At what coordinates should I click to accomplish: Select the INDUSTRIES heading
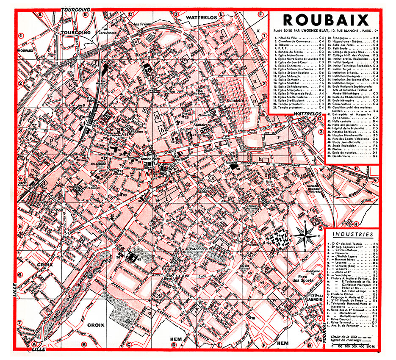pos(353,234)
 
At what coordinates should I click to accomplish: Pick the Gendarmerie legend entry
pos(338,156)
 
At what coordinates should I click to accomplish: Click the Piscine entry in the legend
pos(334,149)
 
